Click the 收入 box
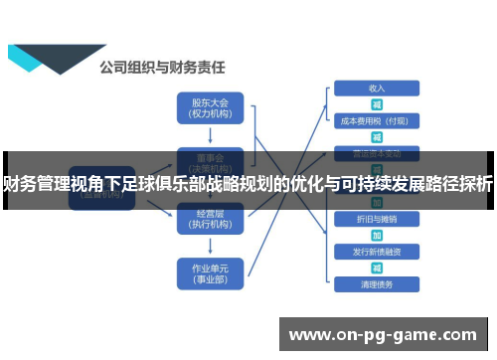(x=377, y=89)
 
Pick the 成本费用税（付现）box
(x=377, y=121)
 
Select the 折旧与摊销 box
(x=377, y=218)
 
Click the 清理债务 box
(x=377, y=283)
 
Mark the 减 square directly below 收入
(x=377, y=104)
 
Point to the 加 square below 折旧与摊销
(x=377, y=234)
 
